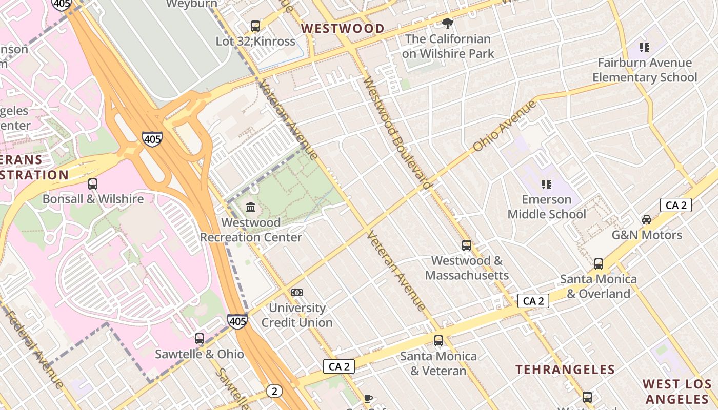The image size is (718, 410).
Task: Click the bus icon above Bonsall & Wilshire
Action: [93, 184]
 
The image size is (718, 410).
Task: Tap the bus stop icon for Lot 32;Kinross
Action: [255, 26]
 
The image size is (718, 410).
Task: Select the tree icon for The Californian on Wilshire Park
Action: [447, 23]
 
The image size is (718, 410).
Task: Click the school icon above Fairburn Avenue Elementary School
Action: [645, 48]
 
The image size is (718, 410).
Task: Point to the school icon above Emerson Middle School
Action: [547, 184]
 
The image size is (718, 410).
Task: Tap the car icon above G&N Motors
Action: [647, 220]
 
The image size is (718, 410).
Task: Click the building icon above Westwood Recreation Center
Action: [251, 207]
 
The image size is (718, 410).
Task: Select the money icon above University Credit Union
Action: [297, 293]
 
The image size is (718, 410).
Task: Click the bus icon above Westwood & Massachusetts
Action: [467, 245]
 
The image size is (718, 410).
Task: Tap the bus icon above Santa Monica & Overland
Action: [599, 264]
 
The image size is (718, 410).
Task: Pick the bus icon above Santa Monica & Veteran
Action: [438, 341]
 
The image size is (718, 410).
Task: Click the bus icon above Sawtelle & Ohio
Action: [200, 339]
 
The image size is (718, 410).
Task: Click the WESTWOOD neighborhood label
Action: [343, 29]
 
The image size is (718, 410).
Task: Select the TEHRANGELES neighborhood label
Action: [565, 370]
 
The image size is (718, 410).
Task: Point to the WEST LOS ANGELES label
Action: [677, 392]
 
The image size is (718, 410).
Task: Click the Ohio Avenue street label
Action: [504, 126]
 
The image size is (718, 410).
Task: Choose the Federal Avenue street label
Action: [35, 348]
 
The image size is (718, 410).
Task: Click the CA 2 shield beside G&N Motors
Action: [675, 206]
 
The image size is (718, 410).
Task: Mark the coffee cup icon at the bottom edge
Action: [368, 398]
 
